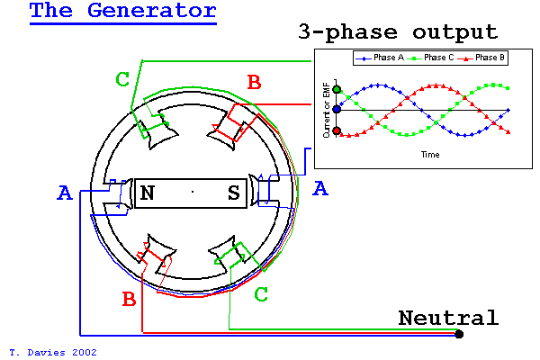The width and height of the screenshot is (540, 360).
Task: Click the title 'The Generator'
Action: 122,12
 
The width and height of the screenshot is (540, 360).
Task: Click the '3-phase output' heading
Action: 397,32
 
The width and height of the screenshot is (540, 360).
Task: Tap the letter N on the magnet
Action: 147,193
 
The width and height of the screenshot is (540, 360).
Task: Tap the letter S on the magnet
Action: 234,193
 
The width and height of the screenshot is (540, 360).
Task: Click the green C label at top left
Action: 123,79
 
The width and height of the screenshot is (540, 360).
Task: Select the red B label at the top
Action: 254,83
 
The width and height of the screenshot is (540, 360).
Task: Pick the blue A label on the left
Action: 64,193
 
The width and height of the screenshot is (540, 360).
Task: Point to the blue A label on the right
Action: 319,188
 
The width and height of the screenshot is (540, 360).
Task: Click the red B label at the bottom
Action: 129,298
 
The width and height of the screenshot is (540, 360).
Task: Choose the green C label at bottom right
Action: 261,294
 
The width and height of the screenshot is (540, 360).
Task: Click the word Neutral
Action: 447,318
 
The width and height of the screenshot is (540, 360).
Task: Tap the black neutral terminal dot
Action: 460,335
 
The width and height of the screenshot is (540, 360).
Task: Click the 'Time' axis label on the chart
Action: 429,155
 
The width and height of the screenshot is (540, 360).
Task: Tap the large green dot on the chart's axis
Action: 337,89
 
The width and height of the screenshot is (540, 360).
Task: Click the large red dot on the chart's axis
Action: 337,130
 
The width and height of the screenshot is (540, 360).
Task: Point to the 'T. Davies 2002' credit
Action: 52,352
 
